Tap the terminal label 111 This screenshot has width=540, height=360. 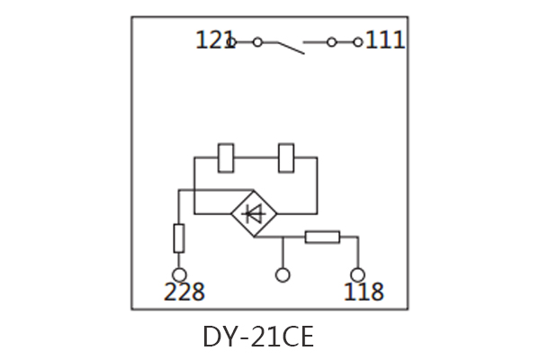pyautogui.click(x=385, y=40)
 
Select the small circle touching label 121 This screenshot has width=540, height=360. pyautogui.click(x=232, y=41)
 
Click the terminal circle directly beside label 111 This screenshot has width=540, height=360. pyautogui.click(x=358, y=41)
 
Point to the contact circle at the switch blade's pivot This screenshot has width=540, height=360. pyautogui.click(x=257, y=41)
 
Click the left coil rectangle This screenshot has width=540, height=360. pyautogui.click(x=227, y=157)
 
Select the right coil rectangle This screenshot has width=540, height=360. pyautogui.click(x=288, y=157)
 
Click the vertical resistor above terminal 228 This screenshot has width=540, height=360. pyautogui.click(x=179, y=238)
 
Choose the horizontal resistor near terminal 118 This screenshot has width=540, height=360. pyautogui.click(x=322, y=238)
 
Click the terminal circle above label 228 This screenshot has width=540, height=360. pyautogui.click(x=179, y=274)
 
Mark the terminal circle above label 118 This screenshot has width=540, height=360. pyautogui.click(x=357, y=274)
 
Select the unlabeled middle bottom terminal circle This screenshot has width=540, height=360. pyautogui.click(x=283, y=274)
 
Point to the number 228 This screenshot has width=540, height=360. pyautogui.click(x=184, y=292)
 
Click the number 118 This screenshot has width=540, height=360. pyautogui.click(x=364, y=292)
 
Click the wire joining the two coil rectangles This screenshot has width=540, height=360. pyautogui.click(x=257, y=157)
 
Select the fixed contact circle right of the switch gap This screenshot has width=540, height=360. pyautogui.click(x=331, y=41)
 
